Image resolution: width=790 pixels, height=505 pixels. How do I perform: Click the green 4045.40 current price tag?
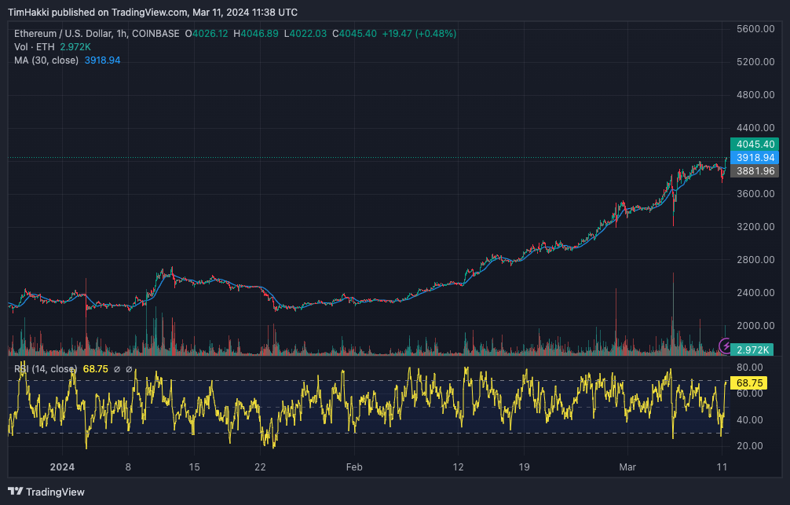click(754, 145)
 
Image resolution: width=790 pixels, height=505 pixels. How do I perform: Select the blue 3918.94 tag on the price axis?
click(754, 158)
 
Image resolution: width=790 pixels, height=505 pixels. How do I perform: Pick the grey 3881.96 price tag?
click(754, 171)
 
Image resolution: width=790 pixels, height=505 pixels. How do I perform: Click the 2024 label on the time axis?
click(62, 467)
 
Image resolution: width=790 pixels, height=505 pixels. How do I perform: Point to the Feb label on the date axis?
click(354, 467)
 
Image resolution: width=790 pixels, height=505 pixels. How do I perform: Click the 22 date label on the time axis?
click(261, 467)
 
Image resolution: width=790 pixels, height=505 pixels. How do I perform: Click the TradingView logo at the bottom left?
click(48, 492)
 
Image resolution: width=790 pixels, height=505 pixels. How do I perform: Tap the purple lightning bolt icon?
click(726, 346)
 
